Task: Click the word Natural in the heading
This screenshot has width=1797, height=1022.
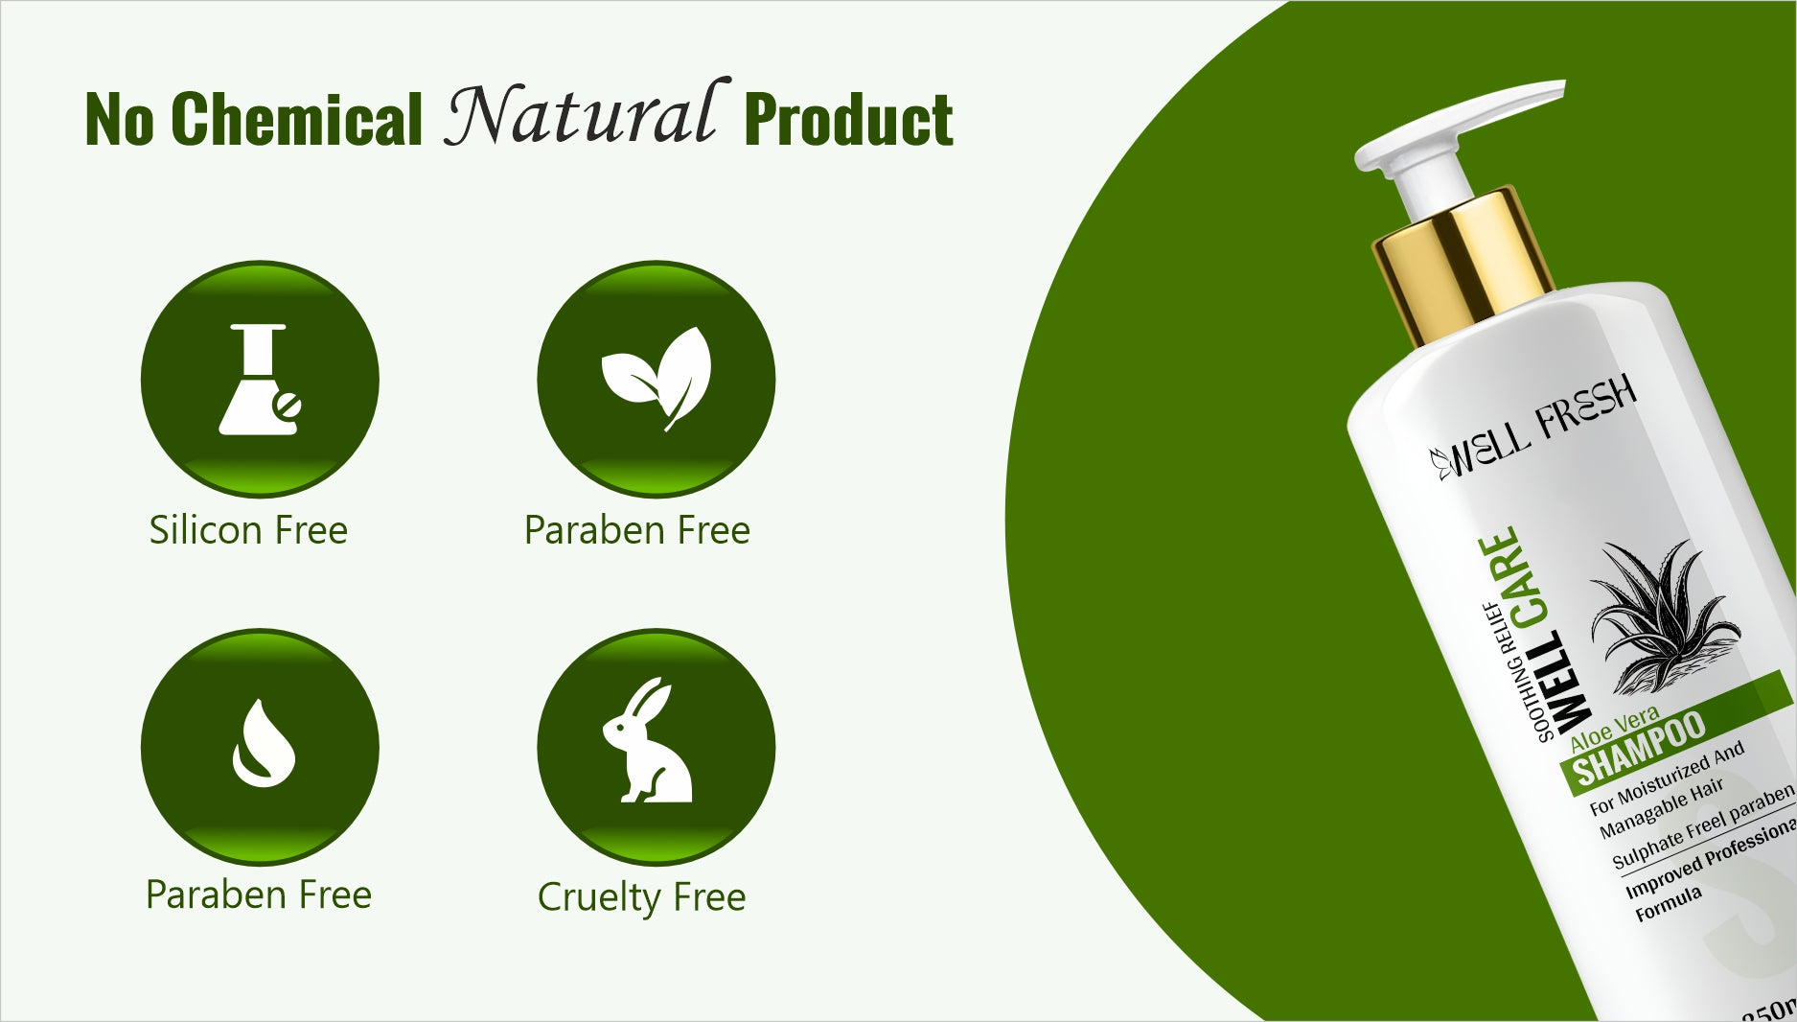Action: [581, 114]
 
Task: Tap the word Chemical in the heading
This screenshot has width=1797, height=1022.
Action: [296, 120]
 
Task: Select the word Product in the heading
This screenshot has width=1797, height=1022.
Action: [848, 120]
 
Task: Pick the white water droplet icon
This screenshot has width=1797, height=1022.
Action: [262, 744]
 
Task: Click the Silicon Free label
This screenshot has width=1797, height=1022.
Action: [248, 530]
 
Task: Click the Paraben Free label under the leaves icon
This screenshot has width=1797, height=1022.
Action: [637, 530]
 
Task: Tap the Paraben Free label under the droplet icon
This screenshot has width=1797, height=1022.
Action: [259, 894]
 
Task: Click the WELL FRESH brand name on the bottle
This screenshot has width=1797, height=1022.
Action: [1533, 427]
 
